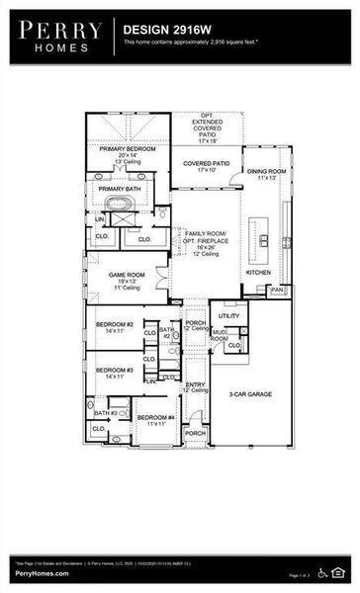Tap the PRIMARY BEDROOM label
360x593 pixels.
pos(128,148)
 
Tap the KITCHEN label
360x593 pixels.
pos(258,272)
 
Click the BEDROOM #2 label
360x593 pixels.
pos(115,324)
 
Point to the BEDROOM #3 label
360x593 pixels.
pos(115,369)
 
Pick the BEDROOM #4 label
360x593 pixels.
pos(155,418)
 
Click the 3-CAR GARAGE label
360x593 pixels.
pos(251,393)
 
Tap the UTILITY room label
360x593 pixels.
pos(229,315)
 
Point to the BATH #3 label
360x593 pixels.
pos(106,413)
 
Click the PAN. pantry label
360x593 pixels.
pos(278,291)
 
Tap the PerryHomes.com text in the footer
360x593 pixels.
pos(41,573)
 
